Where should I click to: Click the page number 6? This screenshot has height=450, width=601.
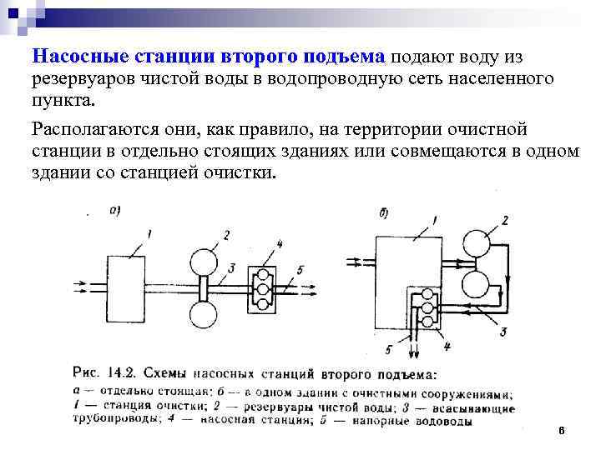point(561,431)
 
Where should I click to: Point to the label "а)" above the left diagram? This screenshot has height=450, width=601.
point(114,211)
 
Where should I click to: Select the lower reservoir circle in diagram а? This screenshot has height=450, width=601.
point(204,317)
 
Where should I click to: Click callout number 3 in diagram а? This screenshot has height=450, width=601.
point(231,267)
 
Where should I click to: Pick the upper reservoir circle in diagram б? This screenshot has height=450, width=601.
point(480,243)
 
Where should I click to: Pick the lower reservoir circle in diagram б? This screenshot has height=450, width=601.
point(480,284)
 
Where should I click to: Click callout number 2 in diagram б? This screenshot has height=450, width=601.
point(504,220)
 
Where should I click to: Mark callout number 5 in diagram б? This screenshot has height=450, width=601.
point(389,349)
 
